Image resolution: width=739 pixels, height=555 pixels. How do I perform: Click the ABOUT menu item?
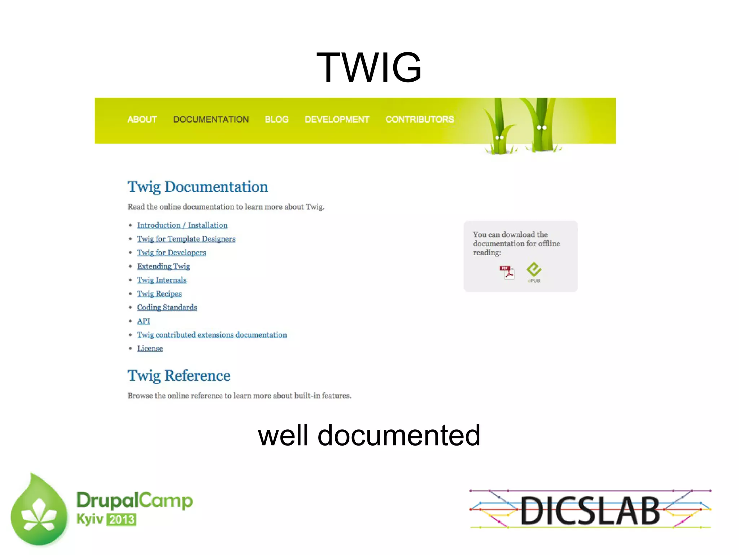click(142, 120)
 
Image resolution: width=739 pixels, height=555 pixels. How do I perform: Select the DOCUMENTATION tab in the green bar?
click(211, 120)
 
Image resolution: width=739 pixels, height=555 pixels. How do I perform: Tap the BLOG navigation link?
click(276, 120)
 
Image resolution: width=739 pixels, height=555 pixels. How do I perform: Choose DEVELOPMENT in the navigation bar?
click(337, 120)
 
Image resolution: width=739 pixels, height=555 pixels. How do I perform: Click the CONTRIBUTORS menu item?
click(420, 120)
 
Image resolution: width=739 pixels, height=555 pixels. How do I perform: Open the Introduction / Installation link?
click(182, 225)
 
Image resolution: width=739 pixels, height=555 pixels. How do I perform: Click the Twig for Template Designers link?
click(186, 239)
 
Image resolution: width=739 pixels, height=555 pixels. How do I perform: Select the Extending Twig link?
click(163, 266)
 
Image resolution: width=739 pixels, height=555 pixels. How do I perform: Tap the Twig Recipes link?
click(159, 294)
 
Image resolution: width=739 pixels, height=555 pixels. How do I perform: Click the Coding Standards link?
click(167, 308)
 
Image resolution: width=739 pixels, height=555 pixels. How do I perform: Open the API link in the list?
click(143, 321)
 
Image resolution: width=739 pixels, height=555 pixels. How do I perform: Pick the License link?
click(150, 349)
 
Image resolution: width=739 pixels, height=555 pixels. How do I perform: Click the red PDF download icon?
click(507, 272)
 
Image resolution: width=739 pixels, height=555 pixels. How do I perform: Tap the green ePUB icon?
click(534, 272)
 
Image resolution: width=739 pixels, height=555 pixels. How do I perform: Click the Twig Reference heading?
click(179, 376)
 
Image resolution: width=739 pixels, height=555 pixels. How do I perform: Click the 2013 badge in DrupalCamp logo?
click(122, 520)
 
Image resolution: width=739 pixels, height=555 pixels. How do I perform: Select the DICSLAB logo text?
click(590, 510)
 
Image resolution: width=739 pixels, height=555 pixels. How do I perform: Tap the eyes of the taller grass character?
click(542, 127)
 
